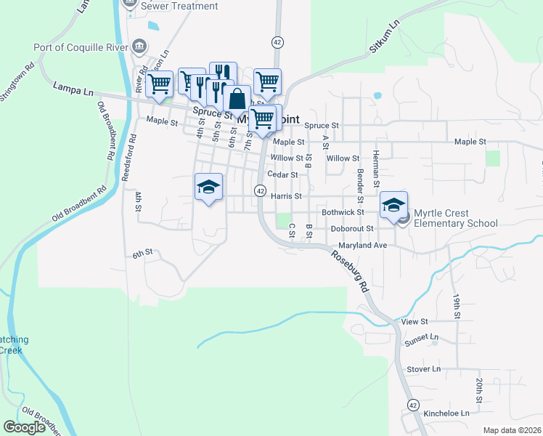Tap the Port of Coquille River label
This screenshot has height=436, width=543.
pos(80,48)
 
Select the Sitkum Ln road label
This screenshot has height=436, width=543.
pos(385,36)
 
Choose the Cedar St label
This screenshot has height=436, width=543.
pos(282,174)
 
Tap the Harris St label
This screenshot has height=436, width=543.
pos(285,196)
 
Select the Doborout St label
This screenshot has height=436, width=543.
pos(351,228)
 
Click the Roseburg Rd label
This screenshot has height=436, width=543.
pos(350,269)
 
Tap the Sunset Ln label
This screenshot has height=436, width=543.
pos(422,338)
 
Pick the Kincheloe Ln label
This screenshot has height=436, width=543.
pos(446,413)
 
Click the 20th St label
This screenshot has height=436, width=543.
pos(479,390)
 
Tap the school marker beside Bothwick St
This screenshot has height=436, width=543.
pos(393,205)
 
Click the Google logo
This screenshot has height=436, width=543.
pos(25,427)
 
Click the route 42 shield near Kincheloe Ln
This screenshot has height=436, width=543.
pos(412,404)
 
